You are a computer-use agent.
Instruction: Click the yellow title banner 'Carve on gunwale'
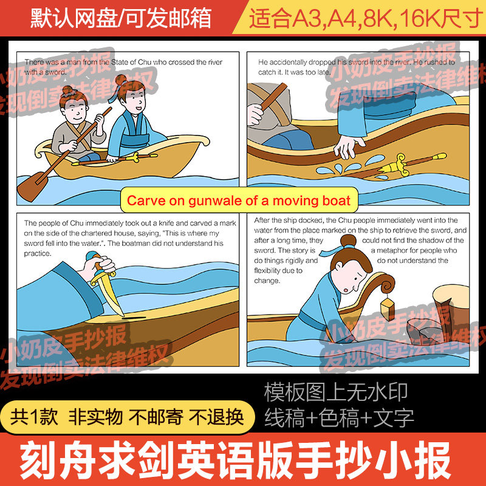(x=238, y=200)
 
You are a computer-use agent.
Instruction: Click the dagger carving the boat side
(x=109, y=286)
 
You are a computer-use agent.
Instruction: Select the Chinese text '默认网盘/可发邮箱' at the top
(x=122, y=19)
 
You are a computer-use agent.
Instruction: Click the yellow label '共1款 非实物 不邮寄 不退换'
(x=128, y=417)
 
